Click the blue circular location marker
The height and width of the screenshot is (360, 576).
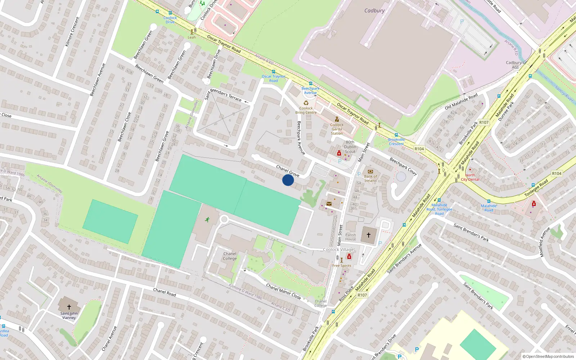pos(288,180)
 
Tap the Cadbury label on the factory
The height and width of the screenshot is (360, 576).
pos(374,11)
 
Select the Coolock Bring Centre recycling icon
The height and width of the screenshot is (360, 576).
pos(306,103)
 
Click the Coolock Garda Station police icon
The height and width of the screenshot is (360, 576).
pos(337,120)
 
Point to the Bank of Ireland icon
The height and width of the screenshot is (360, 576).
pos(370,171)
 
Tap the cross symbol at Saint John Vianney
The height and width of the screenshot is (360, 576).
pos(69,307)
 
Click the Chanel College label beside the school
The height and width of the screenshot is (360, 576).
pos(230,256)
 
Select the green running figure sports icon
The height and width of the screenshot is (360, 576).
pos(207,220)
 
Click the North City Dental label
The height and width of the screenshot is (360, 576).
pos(470,177)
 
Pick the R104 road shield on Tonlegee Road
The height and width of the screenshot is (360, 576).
pos(557,174)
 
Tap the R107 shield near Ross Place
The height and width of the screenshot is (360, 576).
pos(362,295)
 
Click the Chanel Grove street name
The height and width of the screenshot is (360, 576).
pos(288,171)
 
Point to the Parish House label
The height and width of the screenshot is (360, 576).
pos(351,237)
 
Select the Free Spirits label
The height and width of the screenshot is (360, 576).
pos(342,266)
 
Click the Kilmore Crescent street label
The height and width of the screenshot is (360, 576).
pos(72,32)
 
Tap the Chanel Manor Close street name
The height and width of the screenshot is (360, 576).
pos(283,291)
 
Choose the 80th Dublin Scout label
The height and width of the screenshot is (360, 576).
pos(350,147)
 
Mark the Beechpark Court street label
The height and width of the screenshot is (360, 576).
pos(403,167)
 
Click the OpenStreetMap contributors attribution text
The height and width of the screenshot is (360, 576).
pos(548,357)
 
